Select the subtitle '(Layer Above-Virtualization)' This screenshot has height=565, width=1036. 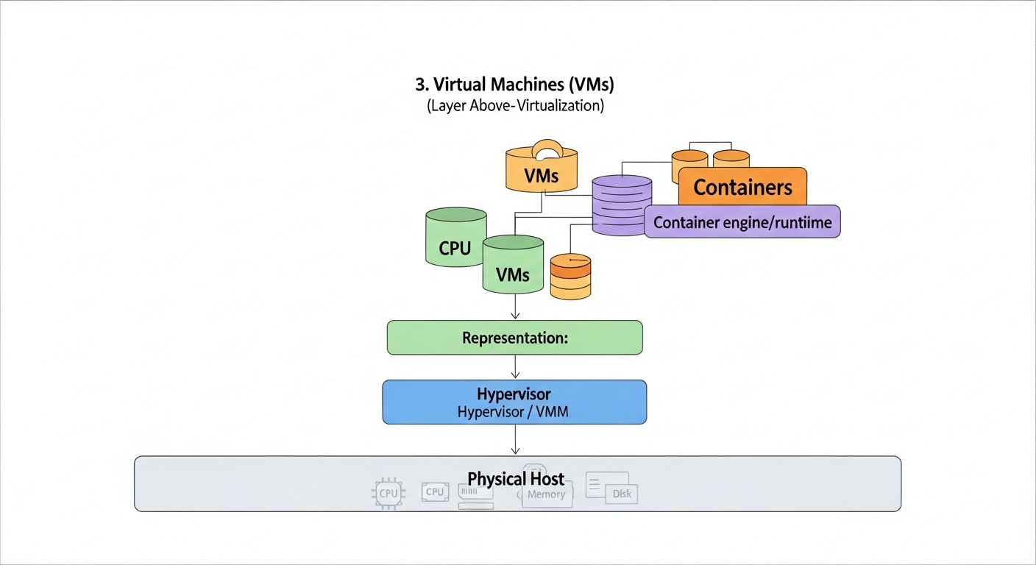(515, 106)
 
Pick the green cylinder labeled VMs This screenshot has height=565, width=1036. (513, 266)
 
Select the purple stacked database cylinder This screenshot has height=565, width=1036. (622, 205)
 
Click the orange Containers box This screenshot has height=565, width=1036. (742, 187)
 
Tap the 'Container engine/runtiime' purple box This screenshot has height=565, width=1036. (742, 222)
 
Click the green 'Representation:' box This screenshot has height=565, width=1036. (515, 338)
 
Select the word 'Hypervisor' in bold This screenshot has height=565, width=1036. (514, 394)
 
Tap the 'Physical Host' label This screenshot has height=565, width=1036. (516, 479)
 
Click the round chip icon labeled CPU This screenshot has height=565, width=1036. (388, 494)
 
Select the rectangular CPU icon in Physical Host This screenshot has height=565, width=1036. (435, 491)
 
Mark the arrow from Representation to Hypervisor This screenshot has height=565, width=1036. (515, 367)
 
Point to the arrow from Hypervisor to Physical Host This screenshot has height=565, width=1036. (515, 440)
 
